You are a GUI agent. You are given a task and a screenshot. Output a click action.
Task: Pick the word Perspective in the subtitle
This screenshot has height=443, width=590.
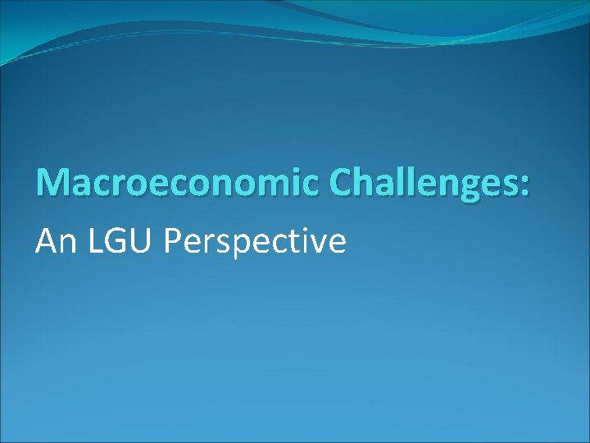point(256,242)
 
